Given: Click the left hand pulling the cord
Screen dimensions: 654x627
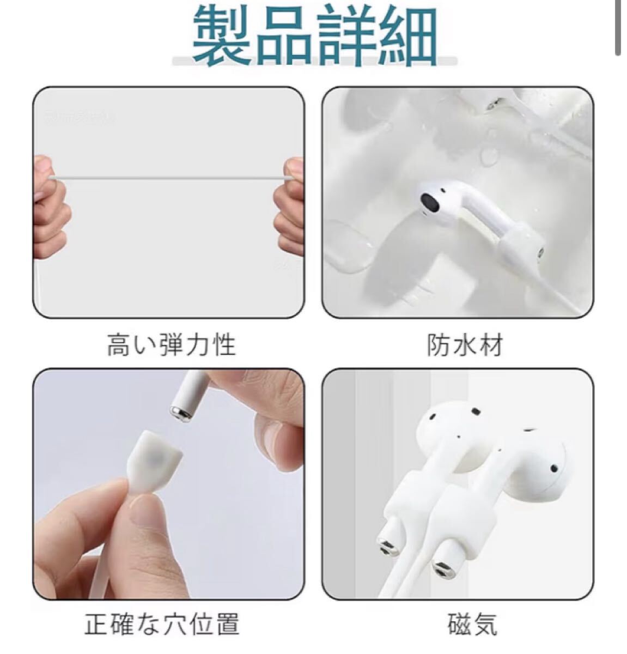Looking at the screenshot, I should pos(50,204).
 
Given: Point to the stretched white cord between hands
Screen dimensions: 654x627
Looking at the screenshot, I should pos(169,178).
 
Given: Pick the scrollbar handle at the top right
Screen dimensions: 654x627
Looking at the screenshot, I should pos(618,27).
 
